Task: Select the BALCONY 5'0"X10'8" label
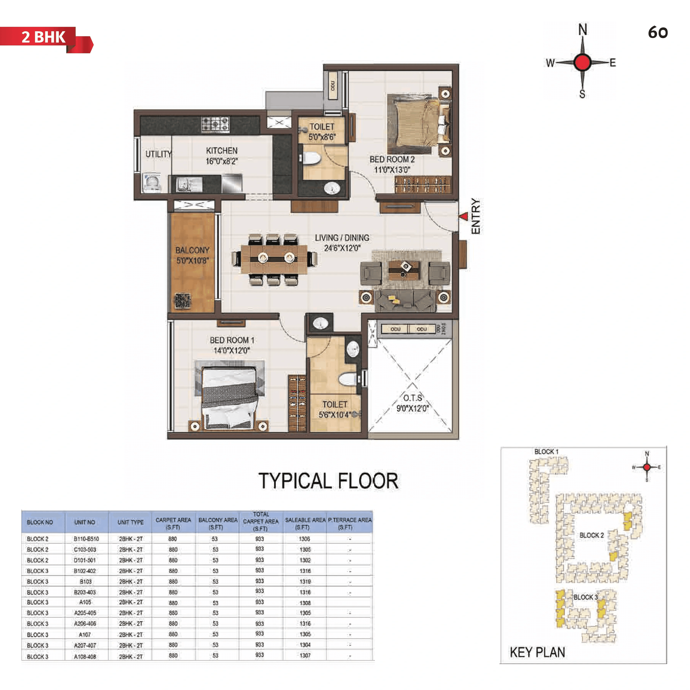click(192, 255)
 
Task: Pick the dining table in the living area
click(274, 259)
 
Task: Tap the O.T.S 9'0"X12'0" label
click(412, 403)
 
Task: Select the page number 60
click(657, 33)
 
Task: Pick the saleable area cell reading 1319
click(305, 582)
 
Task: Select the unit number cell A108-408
click(85, 656)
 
